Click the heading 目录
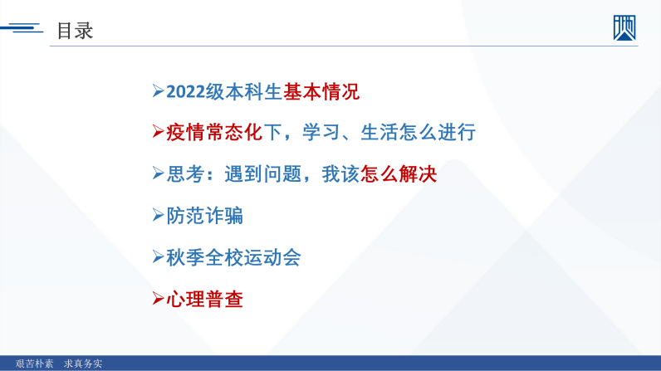point(75,31)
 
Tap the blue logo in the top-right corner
point(624,27)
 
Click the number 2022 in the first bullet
point(186,92)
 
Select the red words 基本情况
point(321,92)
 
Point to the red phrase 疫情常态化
point(214,132)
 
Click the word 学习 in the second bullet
point(321,132)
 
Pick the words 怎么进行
point(437,132)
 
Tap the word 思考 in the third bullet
point(185,174)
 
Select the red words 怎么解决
point(399,174)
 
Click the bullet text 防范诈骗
point(205,216)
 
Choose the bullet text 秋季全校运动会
point(234,257)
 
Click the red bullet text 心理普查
point(205,300)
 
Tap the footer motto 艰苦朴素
point(35,364)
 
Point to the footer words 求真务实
point(83,364)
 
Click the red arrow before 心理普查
point(158,299)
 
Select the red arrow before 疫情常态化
point(158,131)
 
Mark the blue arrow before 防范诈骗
point(158,215)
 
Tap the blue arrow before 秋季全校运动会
point(158,256)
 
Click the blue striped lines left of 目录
point(22,28)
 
